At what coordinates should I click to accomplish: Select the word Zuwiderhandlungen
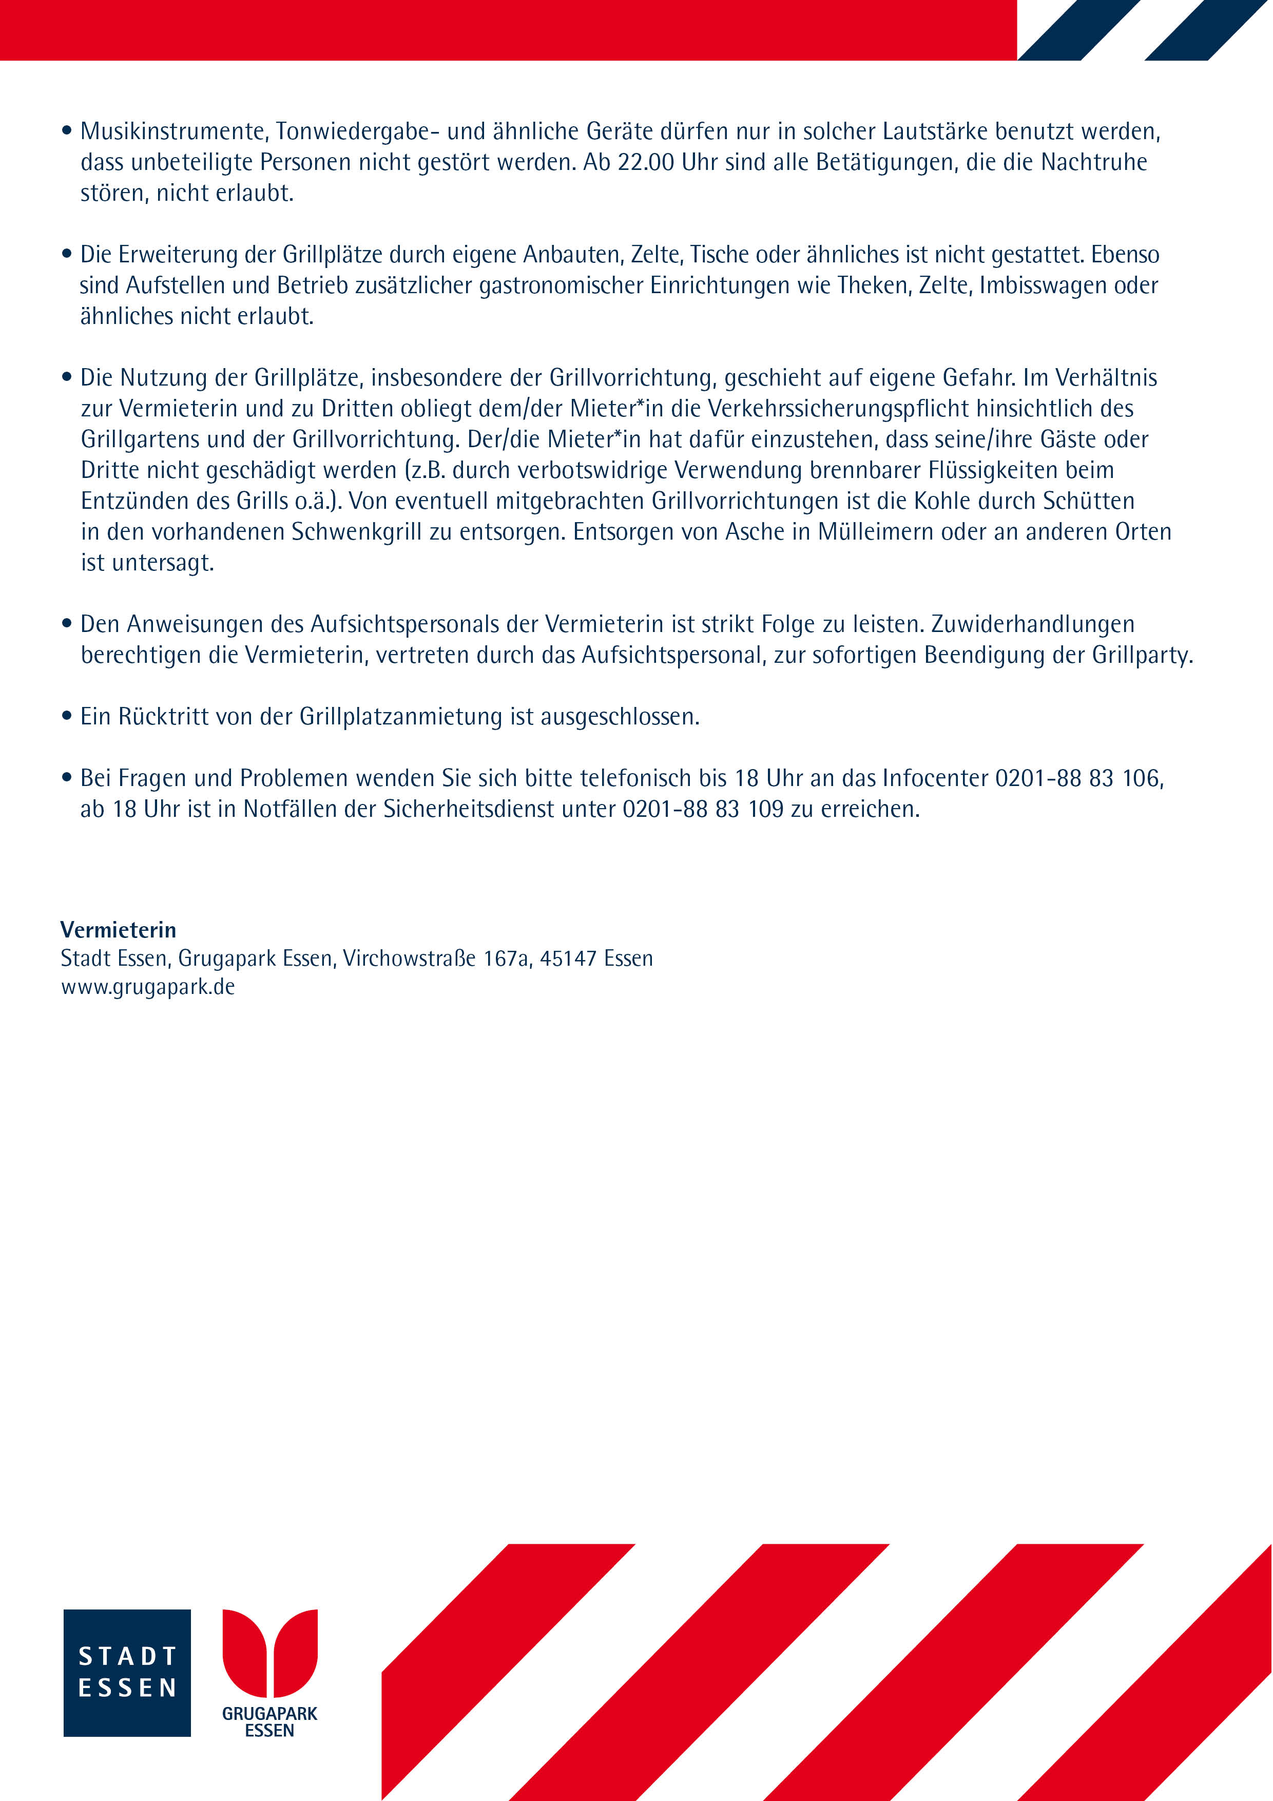[1033, 624]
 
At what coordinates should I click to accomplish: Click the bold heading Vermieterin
[119, 930]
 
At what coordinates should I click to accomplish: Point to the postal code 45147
[568, 959]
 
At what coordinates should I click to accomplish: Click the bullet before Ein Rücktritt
[67, 717]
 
